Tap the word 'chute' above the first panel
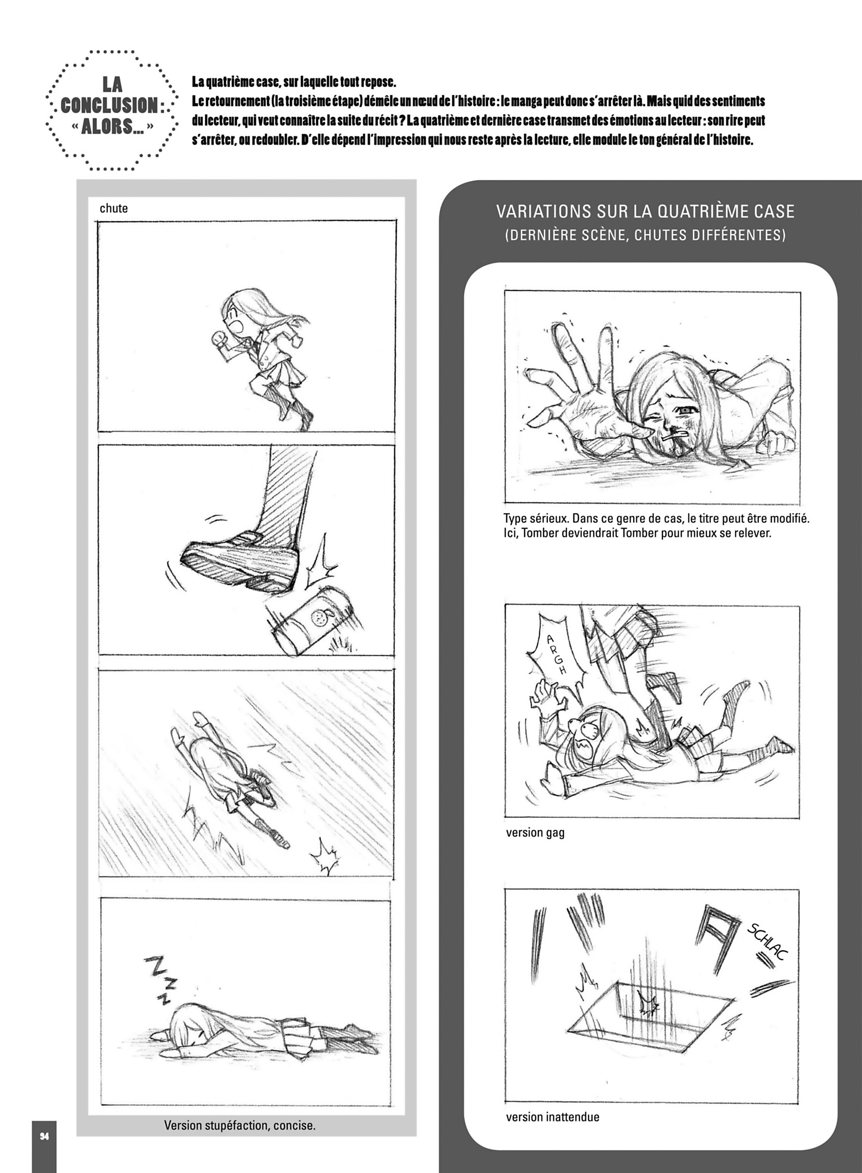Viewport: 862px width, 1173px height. click(x=114, y=209)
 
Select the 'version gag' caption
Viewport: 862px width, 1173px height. click(x=535, y=833)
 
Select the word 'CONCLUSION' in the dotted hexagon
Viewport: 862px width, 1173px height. click(x=109, y=105)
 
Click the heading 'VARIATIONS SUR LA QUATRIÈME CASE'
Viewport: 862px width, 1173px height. click(x=645, y=212)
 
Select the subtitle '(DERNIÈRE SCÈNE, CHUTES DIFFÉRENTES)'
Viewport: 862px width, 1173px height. click(x=645, y=235)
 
